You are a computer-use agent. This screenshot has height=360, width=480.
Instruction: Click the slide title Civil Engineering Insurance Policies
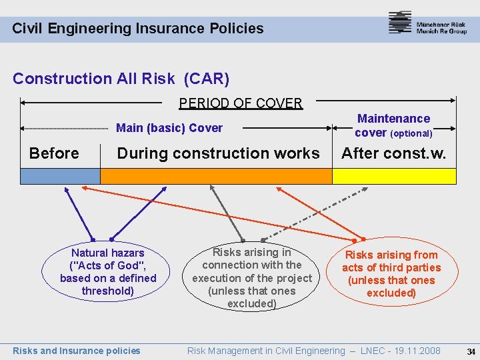pos(138,29)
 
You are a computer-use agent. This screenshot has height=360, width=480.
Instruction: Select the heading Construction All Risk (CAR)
pos(121,79)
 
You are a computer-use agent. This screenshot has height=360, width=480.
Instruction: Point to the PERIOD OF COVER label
pos(241,103)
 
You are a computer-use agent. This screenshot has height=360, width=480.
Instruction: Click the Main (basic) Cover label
pos(169,128)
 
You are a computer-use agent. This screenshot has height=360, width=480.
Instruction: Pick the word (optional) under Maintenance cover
pos(411,133)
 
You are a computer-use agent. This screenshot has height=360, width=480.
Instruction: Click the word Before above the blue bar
pos(54,153)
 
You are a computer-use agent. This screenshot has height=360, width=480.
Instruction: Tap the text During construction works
pos(218,153)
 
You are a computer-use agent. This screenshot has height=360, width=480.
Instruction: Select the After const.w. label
pos(394,153)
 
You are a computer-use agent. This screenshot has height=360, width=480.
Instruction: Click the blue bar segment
pos(60,176)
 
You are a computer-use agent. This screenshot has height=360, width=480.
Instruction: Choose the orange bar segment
pos(216,176)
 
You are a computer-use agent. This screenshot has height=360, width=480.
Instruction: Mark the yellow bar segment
pos(394,176)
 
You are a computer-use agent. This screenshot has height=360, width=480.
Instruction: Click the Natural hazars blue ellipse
pos(108,272)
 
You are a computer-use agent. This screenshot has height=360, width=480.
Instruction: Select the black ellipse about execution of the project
pos(252,278)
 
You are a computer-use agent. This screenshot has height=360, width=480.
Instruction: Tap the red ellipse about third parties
pos(391,274)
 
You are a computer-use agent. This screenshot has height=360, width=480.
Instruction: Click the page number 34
pos(471,351)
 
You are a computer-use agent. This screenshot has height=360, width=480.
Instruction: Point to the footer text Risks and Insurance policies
pos(77,351)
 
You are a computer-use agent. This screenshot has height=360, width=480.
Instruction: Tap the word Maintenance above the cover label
pos(393,119)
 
